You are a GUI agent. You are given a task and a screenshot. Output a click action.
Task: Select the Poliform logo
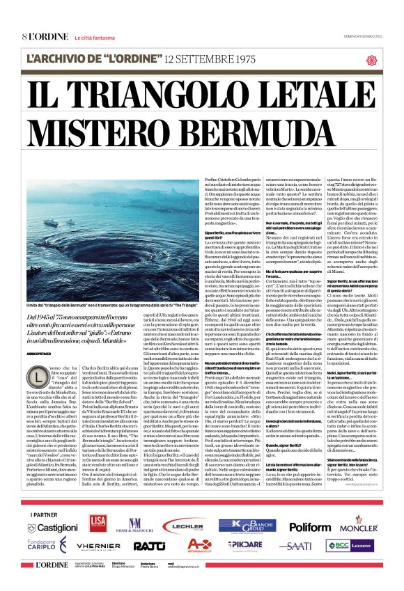(310, 527)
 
